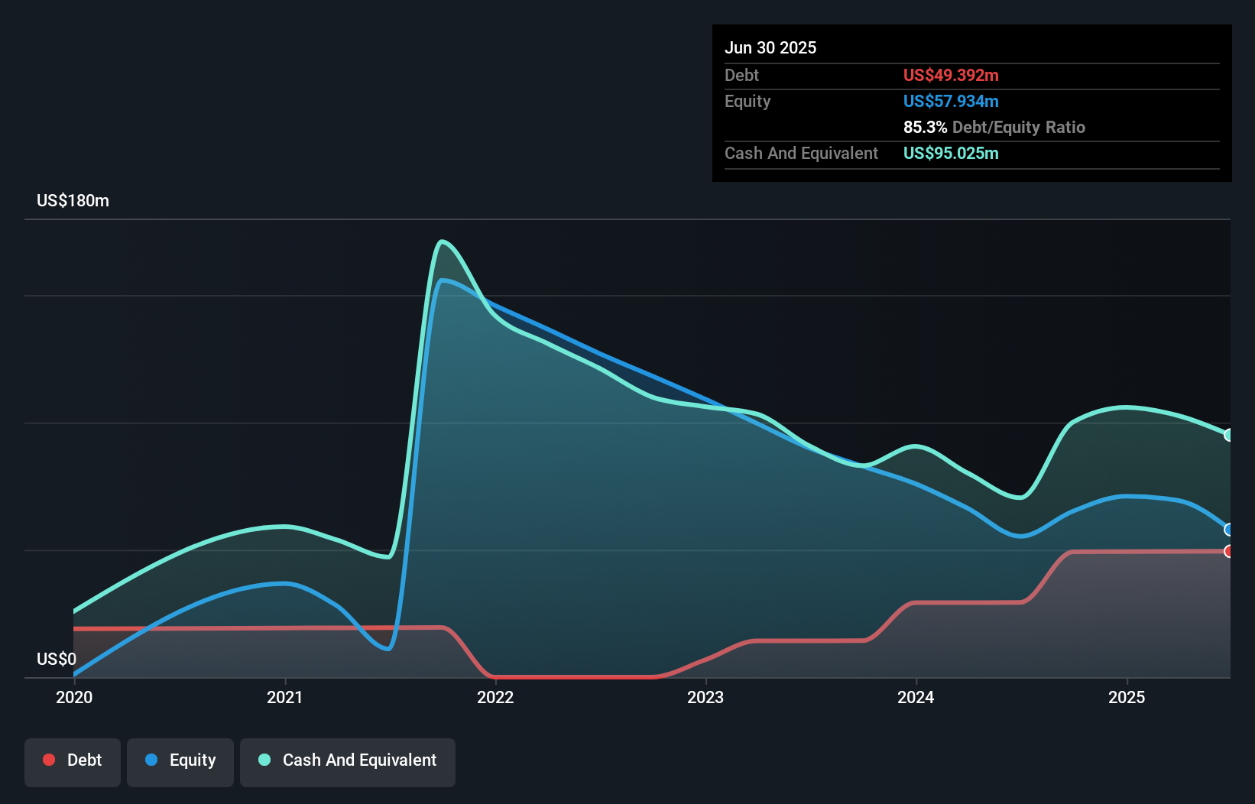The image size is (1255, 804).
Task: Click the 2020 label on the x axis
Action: pyautogui.click(x=74, y=697)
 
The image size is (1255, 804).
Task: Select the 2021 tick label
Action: pyautogui.click(x=284, y=697)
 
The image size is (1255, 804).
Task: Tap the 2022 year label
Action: pyautogui.click(x=495, y=697)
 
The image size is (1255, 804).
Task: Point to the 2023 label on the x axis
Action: pyautogui.click(x=705, y=697)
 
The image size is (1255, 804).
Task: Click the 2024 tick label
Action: pyautogui.click(x=916, y=697)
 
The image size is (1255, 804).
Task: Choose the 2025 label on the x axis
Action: pyautogui.click(x=1127, y=697)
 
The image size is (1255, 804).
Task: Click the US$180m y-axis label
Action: pyautogui.click(x=73, y=201)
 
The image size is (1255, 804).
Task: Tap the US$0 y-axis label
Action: pyautogui.click(x=57, y=659)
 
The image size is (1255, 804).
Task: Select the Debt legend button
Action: pyautogui.click(x=73, y=760)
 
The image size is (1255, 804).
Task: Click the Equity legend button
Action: pyautogui.click(x=180, y=760)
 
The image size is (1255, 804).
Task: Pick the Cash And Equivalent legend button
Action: pyautogui.click(x=348, y=760)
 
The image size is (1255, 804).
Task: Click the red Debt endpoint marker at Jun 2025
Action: pyautogui.click(x=1229, y=551)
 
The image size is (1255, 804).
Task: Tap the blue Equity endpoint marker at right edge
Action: pyautogui.click(x=1229, y=530)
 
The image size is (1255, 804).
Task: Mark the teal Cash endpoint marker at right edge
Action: pyautogui.click(x=1229, y=435)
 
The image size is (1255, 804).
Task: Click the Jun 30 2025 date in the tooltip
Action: pyautogui.click(x=770, y=47)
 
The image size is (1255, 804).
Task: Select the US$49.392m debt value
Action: pyautogui.click(x=951, y=75)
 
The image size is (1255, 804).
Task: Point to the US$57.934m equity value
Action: pyautogui.click(x=951, y=101)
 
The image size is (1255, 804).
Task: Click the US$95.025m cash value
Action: pyautogui.click(x=951, y=153)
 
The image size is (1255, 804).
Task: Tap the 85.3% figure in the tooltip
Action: pyautogui.click(x=925, y=127)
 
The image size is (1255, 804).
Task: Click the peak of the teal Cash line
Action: pyautogui.click(x=441, y=242)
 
